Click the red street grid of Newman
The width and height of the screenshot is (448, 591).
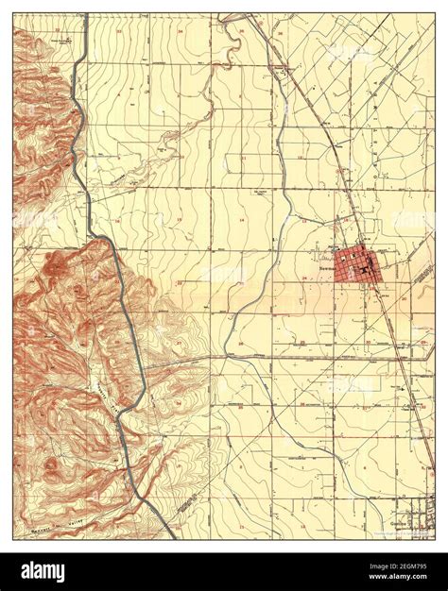click(x=356, y=264)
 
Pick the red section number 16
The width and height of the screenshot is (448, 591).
click(x=117, y=219)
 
